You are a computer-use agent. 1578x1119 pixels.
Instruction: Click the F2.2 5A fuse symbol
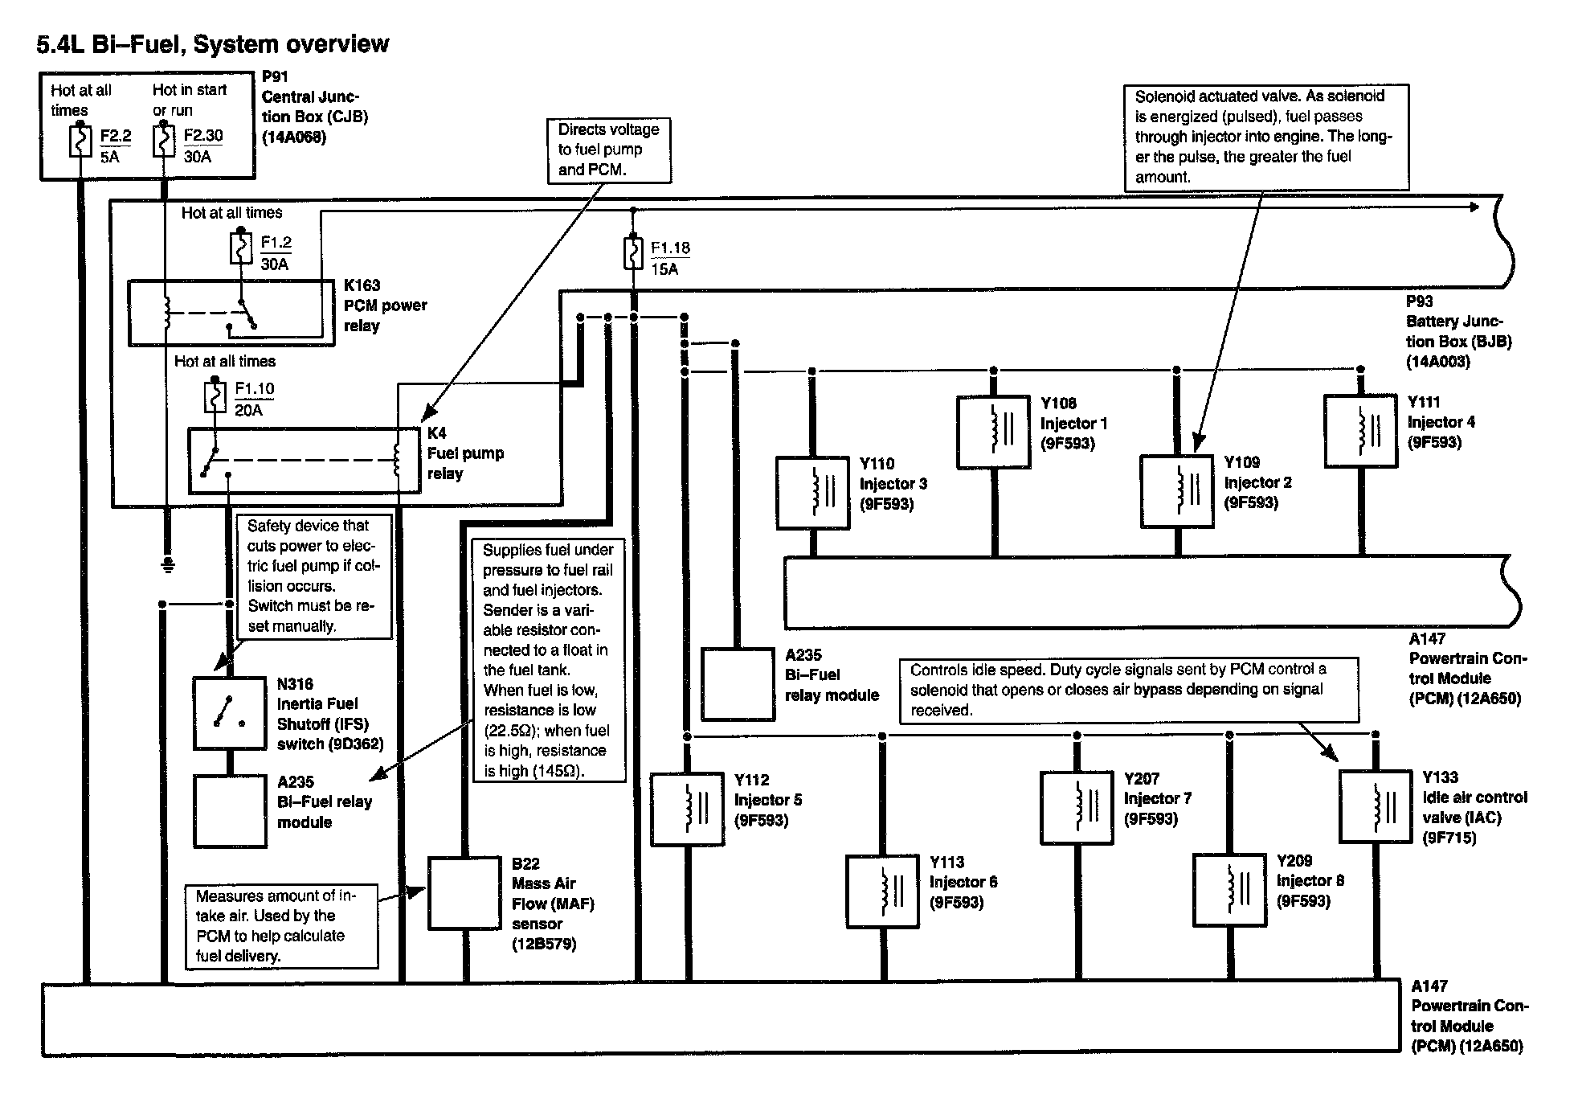coord(80,143)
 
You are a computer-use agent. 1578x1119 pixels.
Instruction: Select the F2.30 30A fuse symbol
coord(163,143)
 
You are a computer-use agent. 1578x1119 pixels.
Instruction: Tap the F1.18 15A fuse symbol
coord(633,253)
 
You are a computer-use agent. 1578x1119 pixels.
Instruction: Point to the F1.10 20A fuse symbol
coord(215,397)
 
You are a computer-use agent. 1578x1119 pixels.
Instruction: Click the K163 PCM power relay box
coord(231,313)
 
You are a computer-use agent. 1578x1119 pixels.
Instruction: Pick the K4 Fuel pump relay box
coord(304,461)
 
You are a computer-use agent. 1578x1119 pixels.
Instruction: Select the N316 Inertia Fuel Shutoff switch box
coord(230,714)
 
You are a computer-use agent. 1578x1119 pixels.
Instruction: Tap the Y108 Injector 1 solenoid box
coord(994,432)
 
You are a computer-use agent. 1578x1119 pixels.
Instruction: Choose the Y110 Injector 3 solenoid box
coord(813,493)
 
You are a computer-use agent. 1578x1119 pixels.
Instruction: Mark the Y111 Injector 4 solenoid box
coord(1360,430)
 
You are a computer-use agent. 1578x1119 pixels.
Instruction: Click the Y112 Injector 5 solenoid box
coord(687,810)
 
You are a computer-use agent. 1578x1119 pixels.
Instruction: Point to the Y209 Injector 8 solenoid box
coord(1229,890)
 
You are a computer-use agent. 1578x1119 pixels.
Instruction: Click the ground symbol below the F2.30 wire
coord(168,564)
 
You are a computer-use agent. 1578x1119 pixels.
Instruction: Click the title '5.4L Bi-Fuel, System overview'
coord(213,44)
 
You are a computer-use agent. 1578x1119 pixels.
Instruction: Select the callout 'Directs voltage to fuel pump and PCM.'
coord(608,150)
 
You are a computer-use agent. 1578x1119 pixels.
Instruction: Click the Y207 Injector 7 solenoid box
coord(1077,808)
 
